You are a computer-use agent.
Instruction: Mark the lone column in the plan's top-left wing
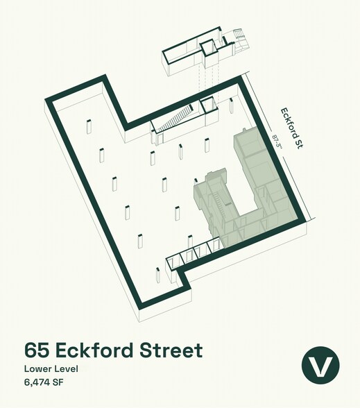click(x=89, y=129)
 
